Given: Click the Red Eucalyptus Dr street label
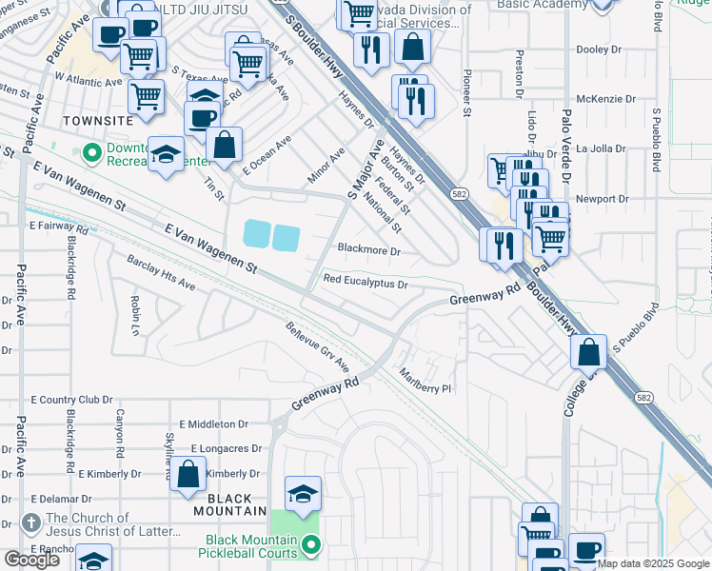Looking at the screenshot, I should click(x=366, y=282).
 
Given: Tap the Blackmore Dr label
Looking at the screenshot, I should click(x=369, y=251).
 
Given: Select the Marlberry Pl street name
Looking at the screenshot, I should click(x=424, y=382).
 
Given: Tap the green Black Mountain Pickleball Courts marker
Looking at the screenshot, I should click(x=310, y=545).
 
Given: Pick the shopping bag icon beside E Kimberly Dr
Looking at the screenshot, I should click(x=188, y=474).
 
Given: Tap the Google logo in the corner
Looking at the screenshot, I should click(x=31, y=560).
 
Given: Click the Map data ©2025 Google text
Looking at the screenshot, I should click(x=654, y=563).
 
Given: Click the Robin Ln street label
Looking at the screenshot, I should click(x=135, y=309).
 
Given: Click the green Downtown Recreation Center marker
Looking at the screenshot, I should click(x=92, y=152).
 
